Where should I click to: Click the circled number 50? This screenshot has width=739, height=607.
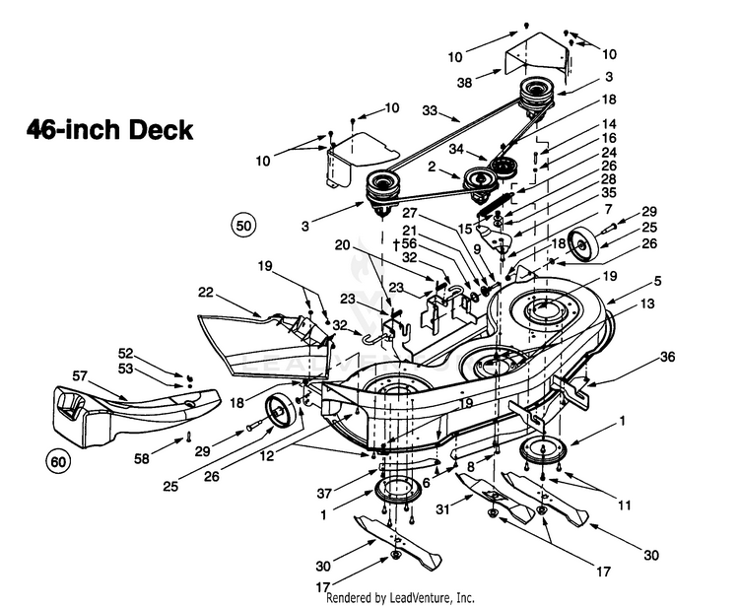click(x=243, y=226)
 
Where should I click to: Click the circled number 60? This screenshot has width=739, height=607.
click(x=58, y=462)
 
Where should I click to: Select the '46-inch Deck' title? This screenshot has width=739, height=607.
click(x=109, y=130)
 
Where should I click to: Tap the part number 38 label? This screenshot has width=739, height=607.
click(x=464, y=83)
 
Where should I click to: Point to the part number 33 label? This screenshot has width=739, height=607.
click(x=430, y=110)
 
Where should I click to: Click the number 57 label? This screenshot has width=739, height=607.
click(x=80, y=375)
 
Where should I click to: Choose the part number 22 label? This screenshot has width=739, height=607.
click(x=206, y=293)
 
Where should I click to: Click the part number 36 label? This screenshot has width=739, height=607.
click(x=667, y=357)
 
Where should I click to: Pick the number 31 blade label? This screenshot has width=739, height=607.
click(x=443, y=509)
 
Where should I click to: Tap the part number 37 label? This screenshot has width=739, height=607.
click(x=324, y=494)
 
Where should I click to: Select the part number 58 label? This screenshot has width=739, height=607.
click(x=142, y=458)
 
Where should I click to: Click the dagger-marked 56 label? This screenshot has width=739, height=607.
click(x=405, y=244)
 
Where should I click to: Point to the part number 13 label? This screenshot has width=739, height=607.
click(x=647, y=303)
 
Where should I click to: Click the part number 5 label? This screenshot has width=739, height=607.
click(x=657, y=282)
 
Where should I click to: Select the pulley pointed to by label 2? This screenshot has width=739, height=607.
click(x=480, y=179)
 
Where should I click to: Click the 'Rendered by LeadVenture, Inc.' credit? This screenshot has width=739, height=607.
click(x=400, y=597)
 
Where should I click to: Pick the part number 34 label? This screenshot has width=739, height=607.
click(x=456, y=150)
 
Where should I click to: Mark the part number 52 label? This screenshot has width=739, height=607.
click(x=125, y=354)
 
